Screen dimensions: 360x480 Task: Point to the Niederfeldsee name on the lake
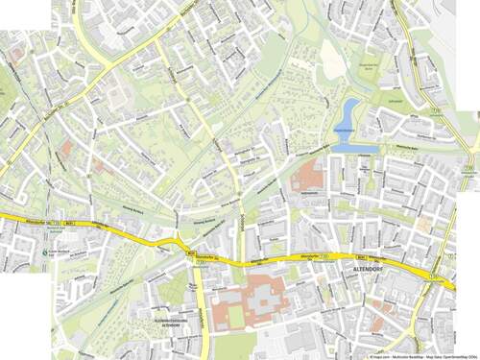345,129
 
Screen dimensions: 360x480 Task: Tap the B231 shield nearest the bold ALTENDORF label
361,256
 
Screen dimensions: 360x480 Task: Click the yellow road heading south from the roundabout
198,307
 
